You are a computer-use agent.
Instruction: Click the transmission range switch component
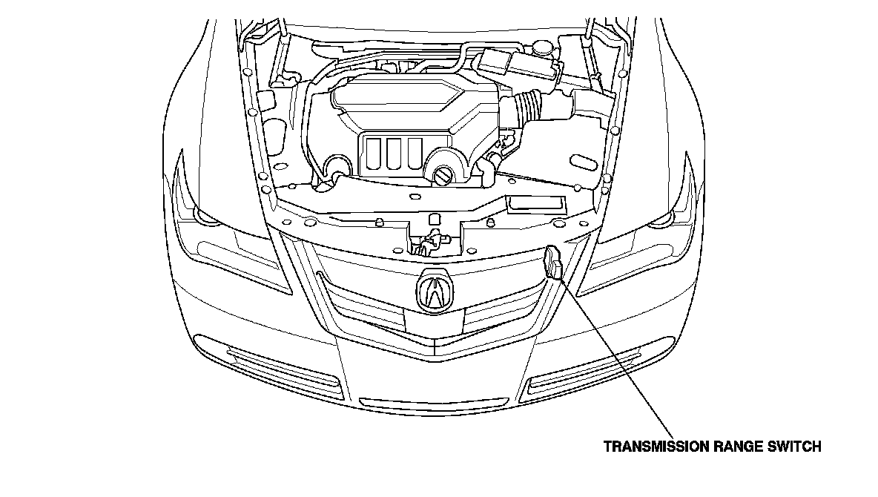[x=553, y=263]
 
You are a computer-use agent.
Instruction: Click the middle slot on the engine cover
[x=395, y=153]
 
